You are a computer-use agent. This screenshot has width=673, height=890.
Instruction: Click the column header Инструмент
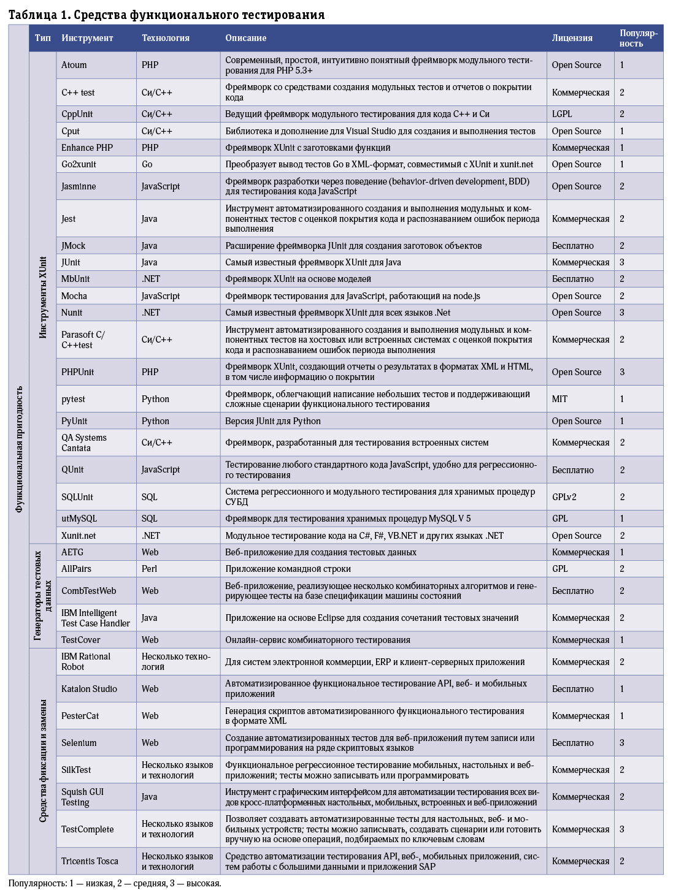tap(87, 38)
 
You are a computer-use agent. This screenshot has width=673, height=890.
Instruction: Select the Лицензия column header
tap(572, 38)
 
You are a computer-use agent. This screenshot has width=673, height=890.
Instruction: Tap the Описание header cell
tap(245, 38)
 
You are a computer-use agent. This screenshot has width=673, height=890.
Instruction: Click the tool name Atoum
tap(74, 65)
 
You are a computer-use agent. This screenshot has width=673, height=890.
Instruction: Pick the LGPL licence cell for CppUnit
tap(562, 114)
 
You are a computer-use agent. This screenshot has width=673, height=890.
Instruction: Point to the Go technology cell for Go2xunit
tap(147, 164)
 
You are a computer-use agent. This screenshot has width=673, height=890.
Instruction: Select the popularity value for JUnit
tap(622, 262)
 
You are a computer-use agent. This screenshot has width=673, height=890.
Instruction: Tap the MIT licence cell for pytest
tap(560, 399)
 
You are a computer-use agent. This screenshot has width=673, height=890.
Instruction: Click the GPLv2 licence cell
tap(564, 497)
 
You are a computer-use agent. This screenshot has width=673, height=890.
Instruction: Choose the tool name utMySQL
tap(79, 519)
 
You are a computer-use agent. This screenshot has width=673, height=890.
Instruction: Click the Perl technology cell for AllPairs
tap(150, 569)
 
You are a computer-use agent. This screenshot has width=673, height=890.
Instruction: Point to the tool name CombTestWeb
tap(88, 591)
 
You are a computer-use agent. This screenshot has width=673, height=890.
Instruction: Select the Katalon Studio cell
tap(89, 689)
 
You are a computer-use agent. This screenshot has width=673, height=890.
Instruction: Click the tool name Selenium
tap(79, 743)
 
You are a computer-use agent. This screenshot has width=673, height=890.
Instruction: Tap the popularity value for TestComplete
tap(622, 829)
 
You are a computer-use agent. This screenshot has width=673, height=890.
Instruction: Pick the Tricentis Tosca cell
tap(90, 861)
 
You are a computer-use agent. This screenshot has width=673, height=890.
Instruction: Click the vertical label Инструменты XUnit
tap(43, 297)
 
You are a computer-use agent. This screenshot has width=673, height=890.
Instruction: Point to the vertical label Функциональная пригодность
tap(19, 449)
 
